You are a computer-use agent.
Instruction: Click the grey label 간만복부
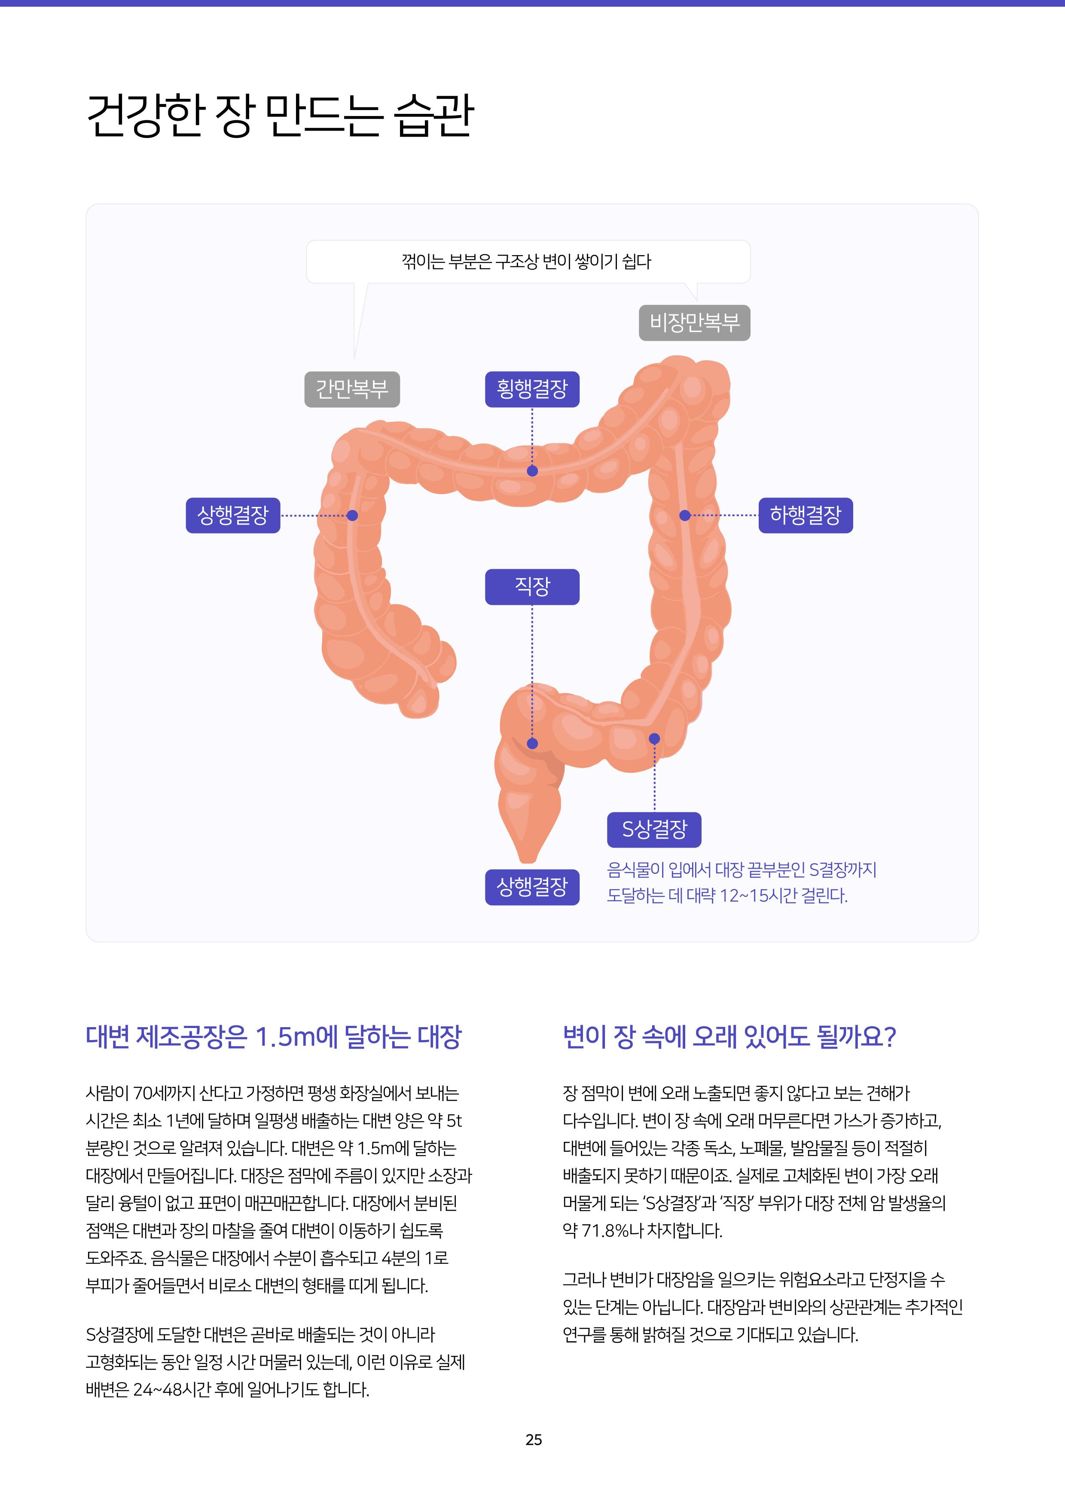352,389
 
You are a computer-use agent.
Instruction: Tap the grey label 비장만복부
694,322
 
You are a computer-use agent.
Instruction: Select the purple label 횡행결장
532,389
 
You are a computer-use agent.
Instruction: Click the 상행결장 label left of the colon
233,515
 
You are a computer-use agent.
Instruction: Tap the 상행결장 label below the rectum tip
532,888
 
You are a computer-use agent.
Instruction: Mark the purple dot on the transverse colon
532,470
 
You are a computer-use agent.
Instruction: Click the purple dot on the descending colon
684,515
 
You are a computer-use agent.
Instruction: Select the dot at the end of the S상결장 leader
654,738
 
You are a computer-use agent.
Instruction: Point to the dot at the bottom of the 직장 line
532,744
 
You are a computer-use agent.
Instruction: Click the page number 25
534,1440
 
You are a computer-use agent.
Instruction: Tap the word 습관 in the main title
433,115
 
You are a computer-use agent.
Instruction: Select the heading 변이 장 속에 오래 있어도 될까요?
729,1037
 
